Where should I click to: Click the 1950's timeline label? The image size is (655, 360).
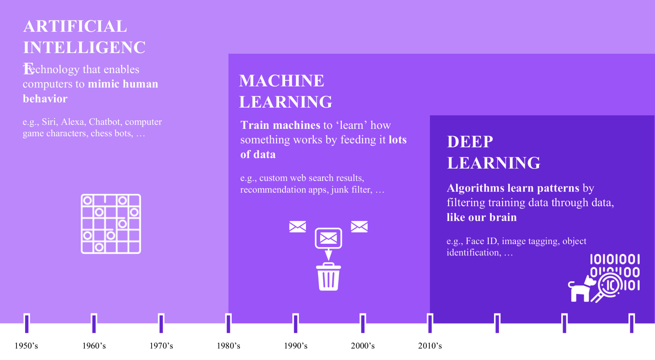click(x=26, y=346)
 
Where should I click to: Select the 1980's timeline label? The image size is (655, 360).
click(x=229, y=346)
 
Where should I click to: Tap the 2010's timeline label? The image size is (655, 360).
click(x=430, y=346)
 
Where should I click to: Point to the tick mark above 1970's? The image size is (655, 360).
click(x=161, y=323)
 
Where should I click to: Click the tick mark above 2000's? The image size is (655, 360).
click(x=363, y=323)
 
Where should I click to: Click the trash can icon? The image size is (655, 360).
click(x=328, y=276)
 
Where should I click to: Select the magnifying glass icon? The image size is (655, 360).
click(x=608, y=287)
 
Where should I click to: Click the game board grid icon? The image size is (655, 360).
click(x=111, y=224)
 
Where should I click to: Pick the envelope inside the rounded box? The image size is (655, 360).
click(x=328, y=238)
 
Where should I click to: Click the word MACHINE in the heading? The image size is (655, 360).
click(x=282, y=81)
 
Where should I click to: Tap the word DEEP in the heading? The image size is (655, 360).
click(x=470, y=142)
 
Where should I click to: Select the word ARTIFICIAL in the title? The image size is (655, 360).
click(x=75, y=26)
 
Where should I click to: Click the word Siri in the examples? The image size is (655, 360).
click(x=49, y=122)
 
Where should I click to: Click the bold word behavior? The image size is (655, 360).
click(x=45, y=99)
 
